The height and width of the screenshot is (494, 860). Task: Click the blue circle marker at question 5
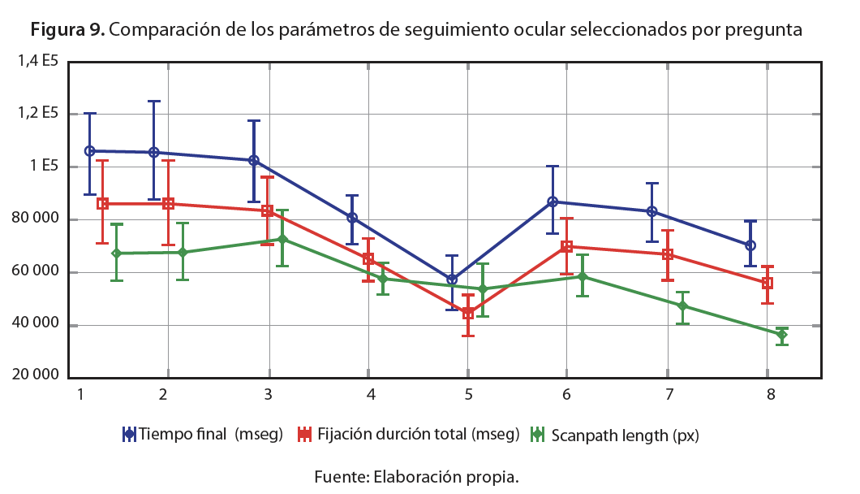452,279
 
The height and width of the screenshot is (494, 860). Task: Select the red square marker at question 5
468,314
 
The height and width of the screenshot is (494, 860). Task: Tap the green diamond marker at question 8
781,335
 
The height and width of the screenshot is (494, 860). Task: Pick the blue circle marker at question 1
90,151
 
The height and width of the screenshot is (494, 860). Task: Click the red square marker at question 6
566,246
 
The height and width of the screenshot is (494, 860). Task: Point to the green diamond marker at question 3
282,239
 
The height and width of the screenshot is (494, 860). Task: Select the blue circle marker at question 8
750,245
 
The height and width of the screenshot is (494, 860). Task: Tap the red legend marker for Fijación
305,434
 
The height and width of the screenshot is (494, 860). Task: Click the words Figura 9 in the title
67,31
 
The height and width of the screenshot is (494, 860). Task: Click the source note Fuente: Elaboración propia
416,476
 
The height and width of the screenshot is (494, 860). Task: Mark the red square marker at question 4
368,259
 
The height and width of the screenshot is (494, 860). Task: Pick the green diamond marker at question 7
682,306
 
